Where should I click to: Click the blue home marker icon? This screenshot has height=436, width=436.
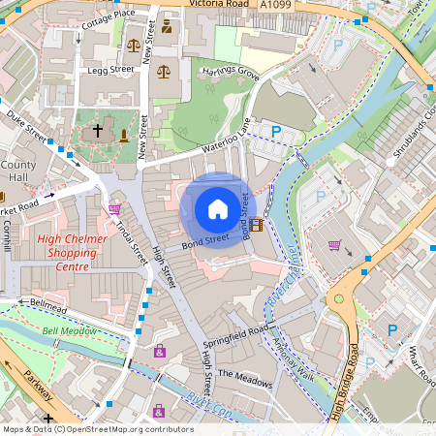tap(218, 209)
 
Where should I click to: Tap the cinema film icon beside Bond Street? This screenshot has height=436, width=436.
tap(256, 226)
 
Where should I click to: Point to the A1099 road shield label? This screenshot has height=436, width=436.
tap(275, 5)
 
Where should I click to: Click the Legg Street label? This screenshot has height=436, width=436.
tap(109, 70)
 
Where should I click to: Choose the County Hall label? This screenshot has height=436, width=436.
tap(18, 171)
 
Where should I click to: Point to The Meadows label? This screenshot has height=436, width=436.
tap(245, 378)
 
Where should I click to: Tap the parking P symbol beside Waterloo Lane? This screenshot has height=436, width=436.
tap(276, 131)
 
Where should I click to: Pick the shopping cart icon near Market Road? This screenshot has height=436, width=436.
tap(114, 208)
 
